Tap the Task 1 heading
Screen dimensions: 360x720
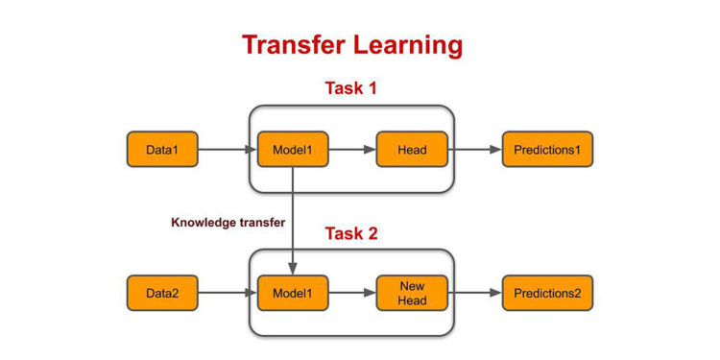tap(350, 88)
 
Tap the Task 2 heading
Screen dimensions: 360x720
tap(350, 233)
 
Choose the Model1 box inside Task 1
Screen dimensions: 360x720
tap(292, 150)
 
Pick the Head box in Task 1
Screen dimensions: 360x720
tap(412, 150)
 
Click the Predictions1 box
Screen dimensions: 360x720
tap(547, 150)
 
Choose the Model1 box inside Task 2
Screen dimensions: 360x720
tap(292, 292)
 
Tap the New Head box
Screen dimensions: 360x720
tap(412, 292)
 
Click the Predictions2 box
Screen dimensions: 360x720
tap(547, 292)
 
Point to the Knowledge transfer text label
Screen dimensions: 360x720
tap(228, 223)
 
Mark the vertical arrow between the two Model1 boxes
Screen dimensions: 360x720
tap(292, 221)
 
